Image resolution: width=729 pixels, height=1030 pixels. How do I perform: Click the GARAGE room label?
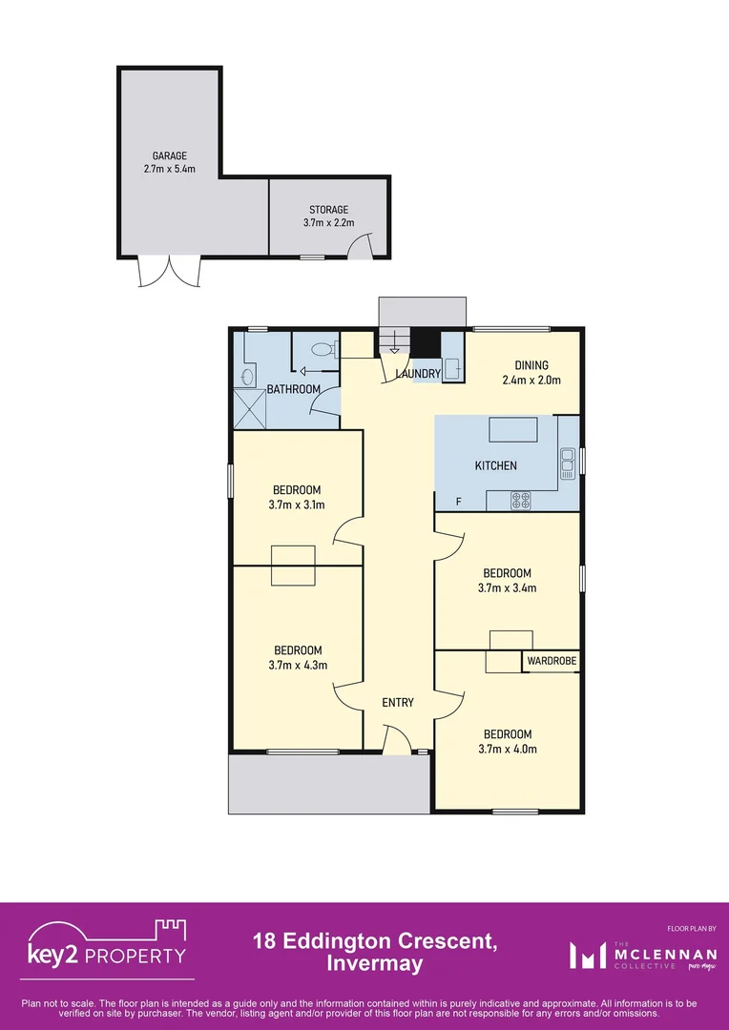coord(169,155)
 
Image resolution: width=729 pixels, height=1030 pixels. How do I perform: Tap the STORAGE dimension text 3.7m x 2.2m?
coord(328,223)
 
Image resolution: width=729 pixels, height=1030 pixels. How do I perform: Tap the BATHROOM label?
coord(293,389)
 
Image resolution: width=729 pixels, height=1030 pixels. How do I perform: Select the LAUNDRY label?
coord(418,374)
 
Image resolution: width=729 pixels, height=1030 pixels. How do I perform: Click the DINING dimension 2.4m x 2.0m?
coord(531,380)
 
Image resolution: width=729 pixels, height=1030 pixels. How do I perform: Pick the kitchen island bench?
coord(515,430)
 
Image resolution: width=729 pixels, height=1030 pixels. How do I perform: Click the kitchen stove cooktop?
coord(520,499)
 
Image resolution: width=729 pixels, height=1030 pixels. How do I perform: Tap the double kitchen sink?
coord(567,463)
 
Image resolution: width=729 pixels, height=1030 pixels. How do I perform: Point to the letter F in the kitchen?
coord(459,502)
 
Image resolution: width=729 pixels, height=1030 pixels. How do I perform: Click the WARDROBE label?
coord(552,661)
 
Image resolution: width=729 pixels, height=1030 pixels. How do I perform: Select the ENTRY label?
coord(398,703)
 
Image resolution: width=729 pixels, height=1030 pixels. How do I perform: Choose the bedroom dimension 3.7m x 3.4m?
coord(506,587)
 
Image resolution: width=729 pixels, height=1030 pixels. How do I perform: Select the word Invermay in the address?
coord(374,964)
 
